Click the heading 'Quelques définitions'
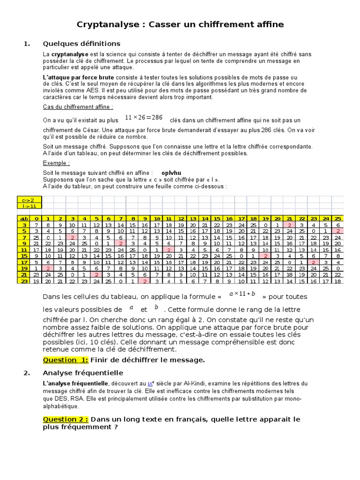coord(82,44)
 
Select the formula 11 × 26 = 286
coord(143,118)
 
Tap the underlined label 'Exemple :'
coord(56,163)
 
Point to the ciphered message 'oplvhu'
coord(171,173)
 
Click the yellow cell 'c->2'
coord(29,200)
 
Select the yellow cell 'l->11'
coord(29,206)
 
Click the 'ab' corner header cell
coord(23,218)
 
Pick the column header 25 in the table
coord(337,218)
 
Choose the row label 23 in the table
coord(23,281)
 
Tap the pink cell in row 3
coord(289,225)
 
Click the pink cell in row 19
coord(48,269)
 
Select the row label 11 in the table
coord(23,250)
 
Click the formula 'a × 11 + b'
coord(242,294)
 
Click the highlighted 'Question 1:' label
coord(66,360)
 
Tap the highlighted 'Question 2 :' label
coord(66,419)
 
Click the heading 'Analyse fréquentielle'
coord(83,373)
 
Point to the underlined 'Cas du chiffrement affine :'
coord(78,107)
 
